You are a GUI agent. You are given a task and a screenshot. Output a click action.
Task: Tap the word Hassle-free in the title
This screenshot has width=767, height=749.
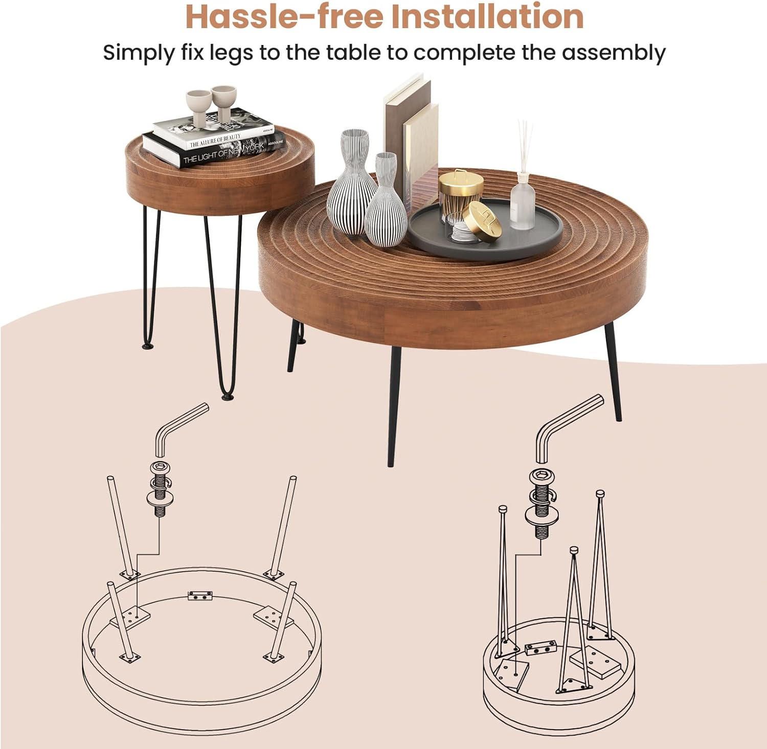[284, 16]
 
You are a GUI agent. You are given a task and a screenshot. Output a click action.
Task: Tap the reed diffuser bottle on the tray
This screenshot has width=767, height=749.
[522, 199]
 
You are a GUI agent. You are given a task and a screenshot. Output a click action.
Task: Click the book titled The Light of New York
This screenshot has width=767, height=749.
[215, 151]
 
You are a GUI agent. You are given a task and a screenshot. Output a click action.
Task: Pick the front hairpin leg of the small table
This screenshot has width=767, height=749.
[224, 307]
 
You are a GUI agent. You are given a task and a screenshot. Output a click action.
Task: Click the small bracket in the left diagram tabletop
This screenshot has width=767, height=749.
[200, 596]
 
